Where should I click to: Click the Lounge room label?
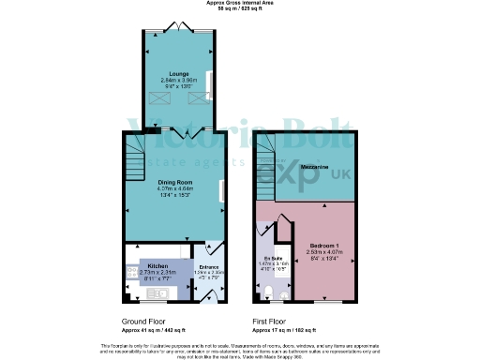click(178, 73)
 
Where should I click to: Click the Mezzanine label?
click(313, 167)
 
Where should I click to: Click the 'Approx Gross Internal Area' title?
click(239, 5)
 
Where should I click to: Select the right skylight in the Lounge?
click(198, 96)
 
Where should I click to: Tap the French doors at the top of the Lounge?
click(178, 27)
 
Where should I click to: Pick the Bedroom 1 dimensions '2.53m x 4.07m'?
click(325, 250)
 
